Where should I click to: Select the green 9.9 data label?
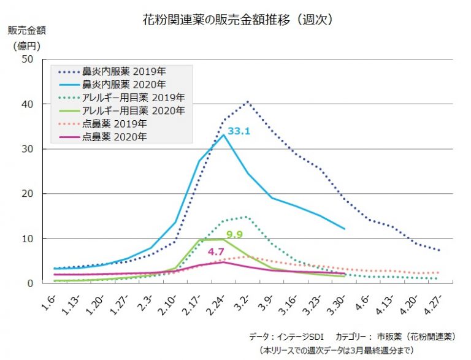(235, 234)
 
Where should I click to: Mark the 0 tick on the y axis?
(29, 283)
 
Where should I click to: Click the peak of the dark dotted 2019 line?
(247, 102)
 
